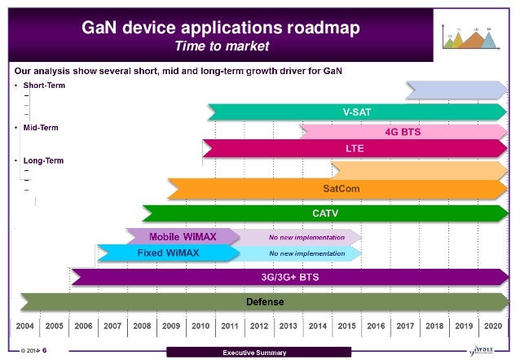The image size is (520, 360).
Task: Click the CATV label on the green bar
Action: point(326,213)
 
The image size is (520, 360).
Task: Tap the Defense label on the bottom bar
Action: point(264,301)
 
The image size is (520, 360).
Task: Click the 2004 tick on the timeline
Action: point(25,325)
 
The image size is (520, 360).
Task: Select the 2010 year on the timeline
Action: point(200,325)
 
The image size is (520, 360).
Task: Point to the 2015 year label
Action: point(346,325)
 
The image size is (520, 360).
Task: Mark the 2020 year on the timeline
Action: point(491,325)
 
